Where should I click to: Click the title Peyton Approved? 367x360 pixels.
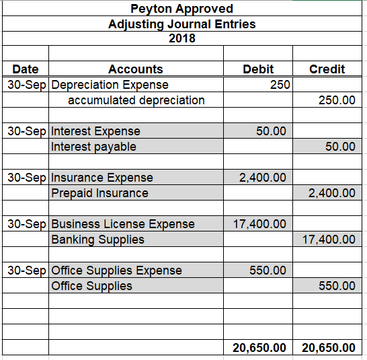[x=181, y=9]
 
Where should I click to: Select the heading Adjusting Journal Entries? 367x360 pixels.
[x=181, y=24]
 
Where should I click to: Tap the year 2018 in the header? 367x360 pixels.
[x=181, y=38]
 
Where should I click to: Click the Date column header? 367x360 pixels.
[x=26, y=69]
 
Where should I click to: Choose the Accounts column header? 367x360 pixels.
[x=136, y=69]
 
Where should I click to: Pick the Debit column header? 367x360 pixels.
[x=258, y=69]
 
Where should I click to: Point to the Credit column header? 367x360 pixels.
[x=327, y=69]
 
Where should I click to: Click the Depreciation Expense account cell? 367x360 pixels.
[x=110, y=85]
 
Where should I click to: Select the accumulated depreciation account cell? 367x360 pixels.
[x=136, y=100]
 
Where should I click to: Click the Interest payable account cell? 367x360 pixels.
[x=93, y=147]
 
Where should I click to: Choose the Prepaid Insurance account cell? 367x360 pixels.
[x=100, y=193]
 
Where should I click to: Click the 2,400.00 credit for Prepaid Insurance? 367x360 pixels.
[x=331, y=193]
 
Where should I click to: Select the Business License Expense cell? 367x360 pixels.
[x=123, y=224]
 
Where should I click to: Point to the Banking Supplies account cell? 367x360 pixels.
[x=97, y=240]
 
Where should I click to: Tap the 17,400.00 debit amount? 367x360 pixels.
[x=260, y=224]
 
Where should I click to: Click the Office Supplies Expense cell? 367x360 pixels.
[x=116, y=271]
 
